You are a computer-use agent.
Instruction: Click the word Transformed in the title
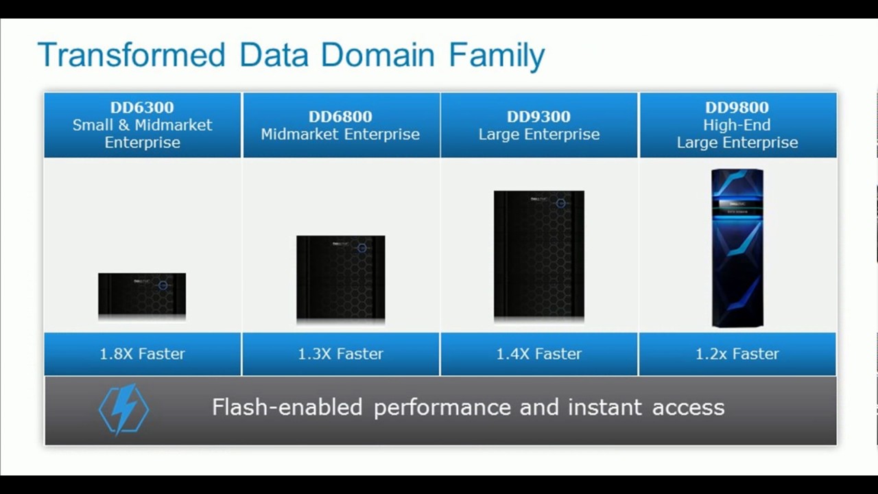click(x=131, y=55)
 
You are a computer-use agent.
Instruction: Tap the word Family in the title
click(x=497, y=55)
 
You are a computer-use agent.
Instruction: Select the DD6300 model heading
click(x=142, y=108)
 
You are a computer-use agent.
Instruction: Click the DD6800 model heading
click(x=340, y=117)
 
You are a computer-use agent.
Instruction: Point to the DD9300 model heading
click(x=538, y=117)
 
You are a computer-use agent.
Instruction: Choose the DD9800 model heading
click(x=737, y=108)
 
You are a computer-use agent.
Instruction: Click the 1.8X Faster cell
click(x=143, y=354)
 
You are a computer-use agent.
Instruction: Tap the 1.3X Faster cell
click(x=340, y=354)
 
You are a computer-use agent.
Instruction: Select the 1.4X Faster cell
click(x=538, y=354)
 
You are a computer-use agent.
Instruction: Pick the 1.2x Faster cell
click(x=737, y=354)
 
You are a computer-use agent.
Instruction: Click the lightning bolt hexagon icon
click(x=123, y=410)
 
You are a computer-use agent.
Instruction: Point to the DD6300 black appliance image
click(x=142, y=295)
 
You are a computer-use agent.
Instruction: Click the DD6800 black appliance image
click(x=340, y=277)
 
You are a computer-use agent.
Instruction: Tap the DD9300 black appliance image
click(x=538, y=255)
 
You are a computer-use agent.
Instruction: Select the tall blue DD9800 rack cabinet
click(x=737, y=248)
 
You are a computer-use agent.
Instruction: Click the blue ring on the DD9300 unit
click(x=560, y=203)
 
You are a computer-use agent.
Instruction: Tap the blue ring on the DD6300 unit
click(x=163, y=285)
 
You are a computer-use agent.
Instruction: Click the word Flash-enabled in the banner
click(x=287, y=408)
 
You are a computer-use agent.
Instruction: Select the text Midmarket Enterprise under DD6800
click(x=340, y=134)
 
